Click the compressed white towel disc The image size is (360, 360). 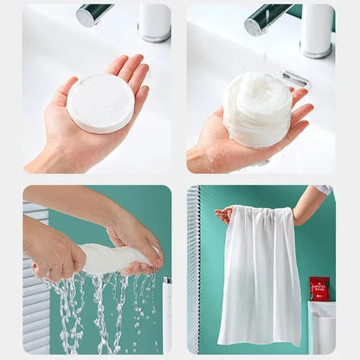coord(100,103)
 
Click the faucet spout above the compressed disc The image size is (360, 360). coord(93,14)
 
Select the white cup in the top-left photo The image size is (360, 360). coord(154,21)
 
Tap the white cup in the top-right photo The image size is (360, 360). coord(316,29)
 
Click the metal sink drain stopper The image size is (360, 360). coord(295,80)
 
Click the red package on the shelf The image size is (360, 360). coord(319,288)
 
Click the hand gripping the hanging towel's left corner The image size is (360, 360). coord(224,214)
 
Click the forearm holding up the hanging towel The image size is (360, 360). coord(308,204)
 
